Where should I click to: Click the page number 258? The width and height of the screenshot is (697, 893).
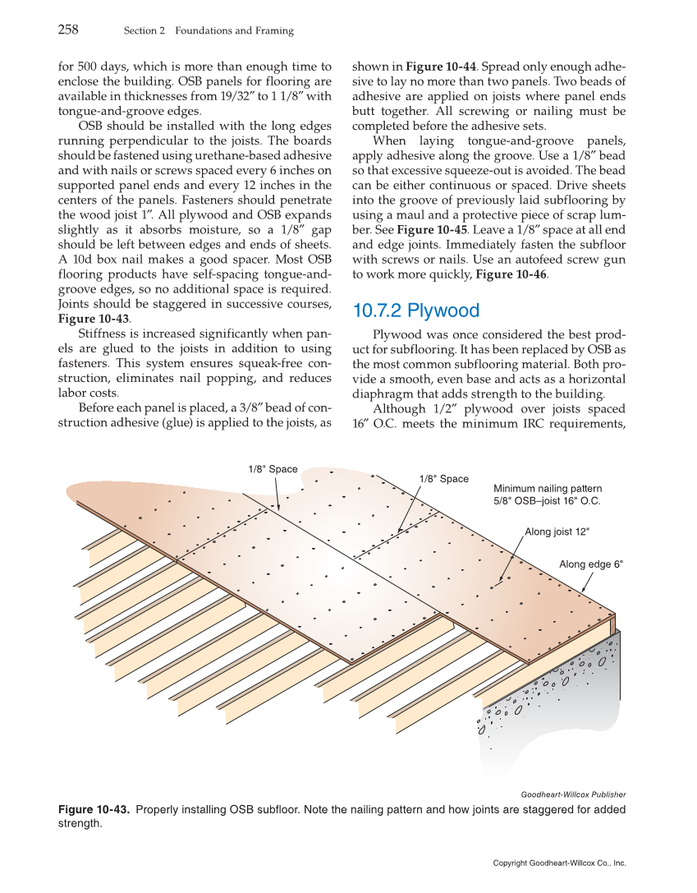tap(68, 30)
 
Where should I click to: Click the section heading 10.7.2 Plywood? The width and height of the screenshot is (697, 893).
tap(415, 311)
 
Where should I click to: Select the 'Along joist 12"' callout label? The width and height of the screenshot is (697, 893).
tap(557, 532)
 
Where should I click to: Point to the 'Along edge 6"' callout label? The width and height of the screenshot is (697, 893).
tap(591, 564)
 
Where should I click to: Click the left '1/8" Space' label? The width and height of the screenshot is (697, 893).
tap(273, 469)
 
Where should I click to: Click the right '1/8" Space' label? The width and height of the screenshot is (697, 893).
tap(443, 479)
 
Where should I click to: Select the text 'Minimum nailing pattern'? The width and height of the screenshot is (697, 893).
tap(547, 488)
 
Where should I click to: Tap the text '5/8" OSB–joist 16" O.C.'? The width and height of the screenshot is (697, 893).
tap(547, 500)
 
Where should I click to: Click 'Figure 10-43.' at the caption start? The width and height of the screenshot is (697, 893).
tap(94, 810)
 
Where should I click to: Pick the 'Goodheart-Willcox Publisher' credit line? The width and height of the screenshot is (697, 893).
tap(573, 794)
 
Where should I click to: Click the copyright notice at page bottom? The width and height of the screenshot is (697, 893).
tap(559, 863)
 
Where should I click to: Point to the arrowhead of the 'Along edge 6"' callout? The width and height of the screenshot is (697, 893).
tap(582, 591)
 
